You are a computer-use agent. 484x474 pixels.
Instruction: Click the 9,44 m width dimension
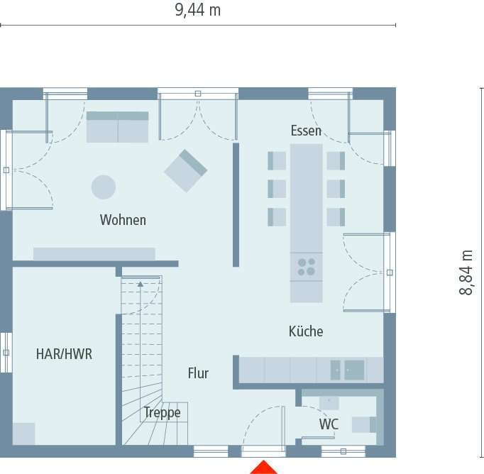[197, 10]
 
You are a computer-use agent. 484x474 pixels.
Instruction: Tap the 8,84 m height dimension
[466, 272]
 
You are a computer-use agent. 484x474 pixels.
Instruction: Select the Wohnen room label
[123, 220]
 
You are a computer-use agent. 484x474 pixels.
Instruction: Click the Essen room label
[306, 131]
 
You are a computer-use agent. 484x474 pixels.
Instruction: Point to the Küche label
[306, 331]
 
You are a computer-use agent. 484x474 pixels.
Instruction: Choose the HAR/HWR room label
[64, 354]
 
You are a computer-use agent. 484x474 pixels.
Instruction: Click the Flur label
[198, 373]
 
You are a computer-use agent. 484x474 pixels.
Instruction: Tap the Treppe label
[162, 412]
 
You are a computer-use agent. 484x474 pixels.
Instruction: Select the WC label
[329, 424]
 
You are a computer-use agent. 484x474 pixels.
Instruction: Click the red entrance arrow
[264, 467]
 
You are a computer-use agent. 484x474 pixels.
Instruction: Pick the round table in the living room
[104, 187]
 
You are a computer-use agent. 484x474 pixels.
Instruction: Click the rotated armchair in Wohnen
[185, 170]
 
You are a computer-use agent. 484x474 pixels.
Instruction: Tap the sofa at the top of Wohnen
[118, 126]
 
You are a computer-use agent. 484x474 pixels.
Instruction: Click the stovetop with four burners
[307, 267]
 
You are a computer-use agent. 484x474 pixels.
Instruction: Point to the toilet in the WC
[363, 424]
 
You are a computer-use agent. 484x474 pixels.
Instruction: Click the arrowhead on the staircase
[141, 284]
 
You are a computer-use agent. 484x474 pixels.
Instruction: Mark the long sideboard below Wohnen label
[94, 253]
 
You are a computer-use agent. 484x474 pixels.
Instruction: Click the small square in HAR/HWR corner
[23, 433]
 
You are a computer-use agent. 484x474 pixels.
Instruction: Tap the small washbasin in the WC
[329, 403]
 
